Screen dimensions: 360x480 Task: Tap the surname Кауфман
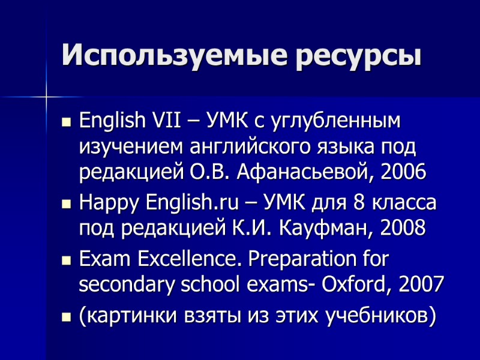pos(320,228)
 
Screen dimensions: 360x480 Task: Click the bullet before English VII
pos(67,122)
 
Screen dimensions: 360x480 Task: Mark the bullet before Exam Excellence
pos(67,261)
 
